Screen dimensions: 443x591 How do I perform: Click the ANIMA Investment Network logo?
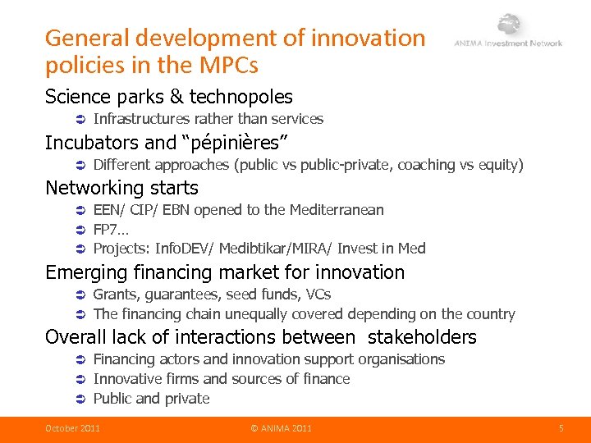(508, 34)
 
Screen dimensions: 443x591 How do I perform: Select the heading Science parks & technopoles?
(168, 97)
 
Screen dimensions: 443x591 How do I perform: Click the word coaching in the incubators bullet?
(427, 165)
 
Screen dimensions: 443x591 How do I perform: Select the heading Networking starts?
(121, 188)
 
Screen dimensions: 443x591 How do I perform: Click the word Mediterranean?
(337, 210)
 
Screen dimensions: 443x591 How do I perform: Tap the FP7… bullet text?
(109, 229)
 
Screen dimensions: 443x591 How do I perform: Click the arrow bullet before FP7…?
(80, 230)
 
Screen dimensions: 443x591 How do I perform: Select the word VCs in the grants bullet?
(318, 295)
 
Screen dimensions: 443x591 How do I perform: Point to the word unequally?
(259, 314)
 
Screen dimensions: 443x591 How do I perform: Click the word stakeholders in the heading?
(422, 337)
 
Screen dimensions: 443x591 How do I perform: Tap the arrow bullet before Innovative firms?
(80, 379)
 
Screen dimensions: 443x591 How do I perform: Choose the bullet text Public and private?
(151, 399)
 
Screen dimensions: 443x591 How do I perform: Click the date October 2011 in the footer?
(72, 428)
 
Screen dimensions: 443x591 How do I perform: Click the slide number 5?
(561, 428)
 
